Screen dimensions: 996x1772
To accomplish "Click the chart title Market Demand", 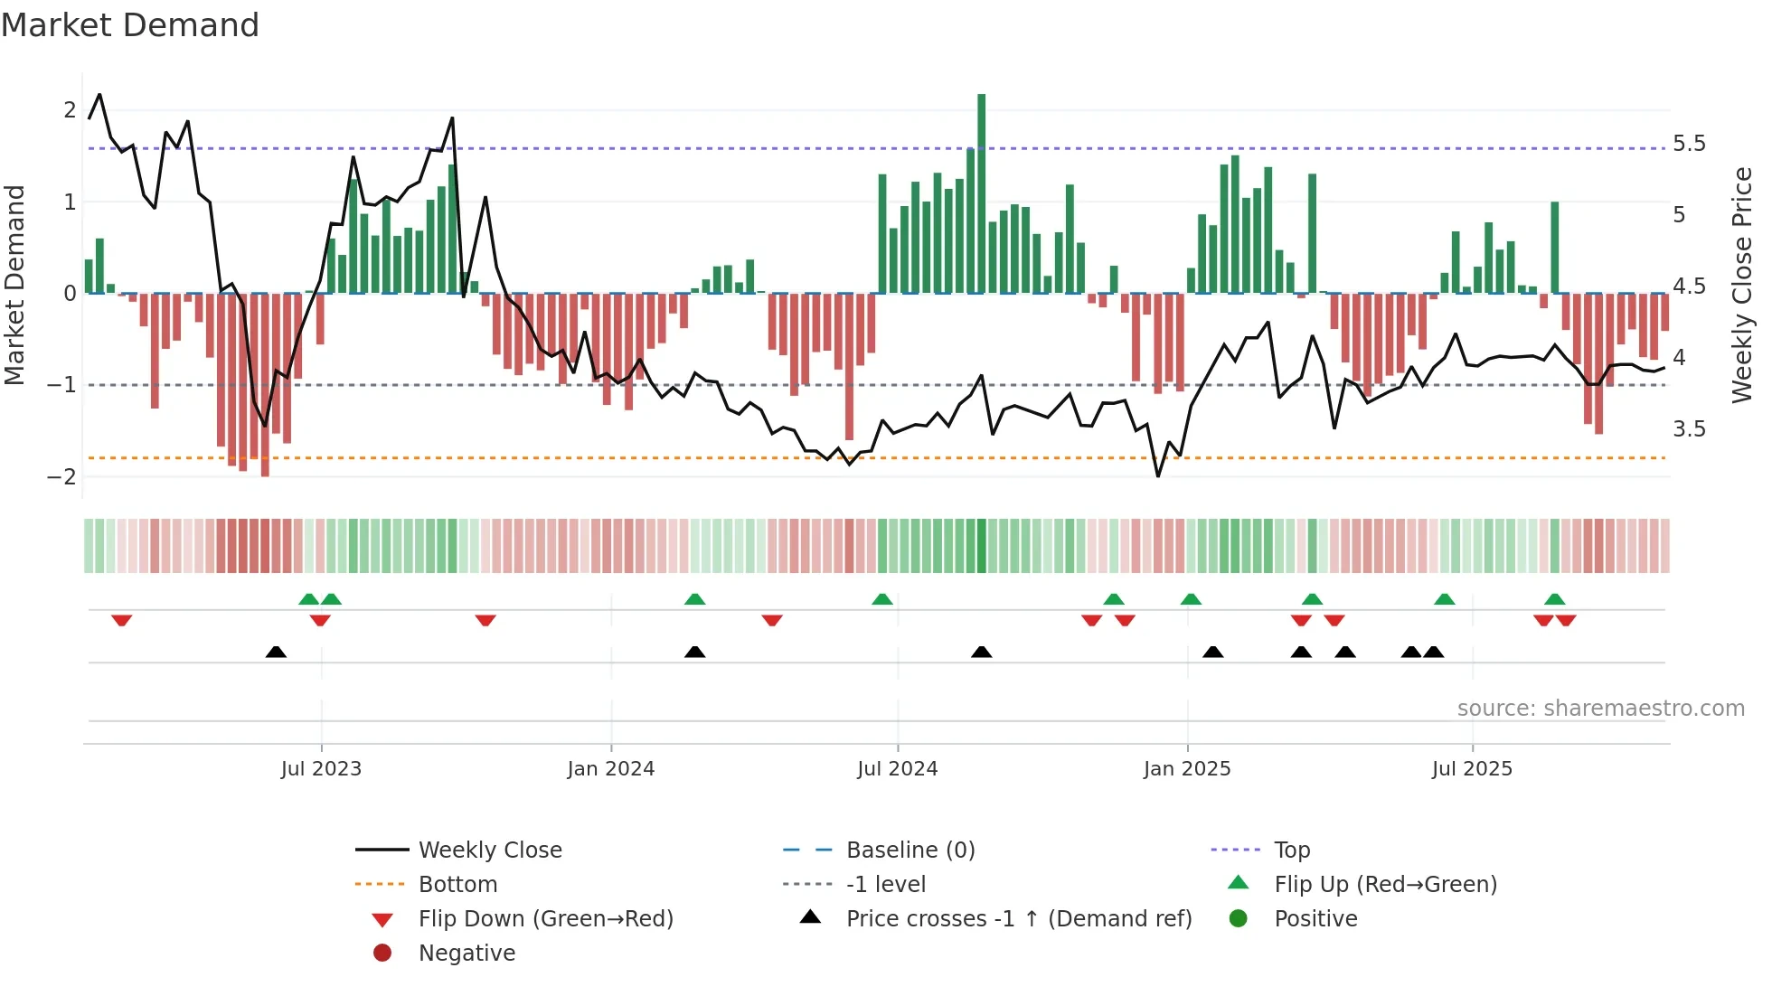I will (130, 25).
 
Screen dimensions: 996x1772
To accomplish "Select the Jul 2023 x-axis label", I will (321, 769).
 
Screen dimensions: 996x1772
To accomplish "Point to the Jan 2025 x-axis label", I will (1186, 769).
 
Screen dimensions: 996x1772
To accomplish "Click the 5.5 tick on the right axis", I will (1689, 144).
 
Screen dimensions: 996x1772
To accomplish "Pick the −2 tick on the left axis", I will (62, 476).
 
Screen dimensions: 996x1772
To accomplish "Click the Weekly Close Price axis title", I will (1741, 285).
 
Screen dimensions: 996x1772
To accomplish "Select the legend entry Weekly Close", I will (489, 850).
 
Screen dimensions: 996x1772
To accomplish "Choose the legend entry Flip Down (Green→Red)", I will (545, 918).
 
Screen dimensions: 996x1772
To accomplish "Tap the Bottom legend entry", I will (457, 884).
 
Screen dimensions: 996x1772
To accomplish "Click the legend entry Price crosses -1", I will (1018, 918).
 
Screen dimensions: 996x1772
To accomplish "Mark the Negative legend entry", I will (467, 953).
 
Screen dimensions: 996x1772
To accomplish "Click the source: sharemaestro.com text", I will (1600, 708).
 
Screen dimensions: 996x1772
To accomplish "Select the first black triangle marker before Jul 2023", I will (277, 652).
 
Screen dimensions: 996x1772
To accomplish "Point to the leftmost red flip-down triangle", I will (122, 620).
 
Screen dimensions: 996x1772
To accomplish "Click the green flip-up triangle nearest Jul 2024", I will (882, 599).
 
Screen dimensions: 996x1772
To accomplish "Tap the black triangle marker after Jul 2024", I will (981, 652).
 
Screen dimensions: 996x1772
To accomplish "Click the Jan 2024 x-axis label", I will (610, 769).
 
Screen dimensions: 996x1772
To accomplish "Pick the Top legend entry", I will (1291, 850).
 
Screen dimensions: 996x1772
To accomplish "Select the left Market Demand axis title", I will (14, 285).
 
